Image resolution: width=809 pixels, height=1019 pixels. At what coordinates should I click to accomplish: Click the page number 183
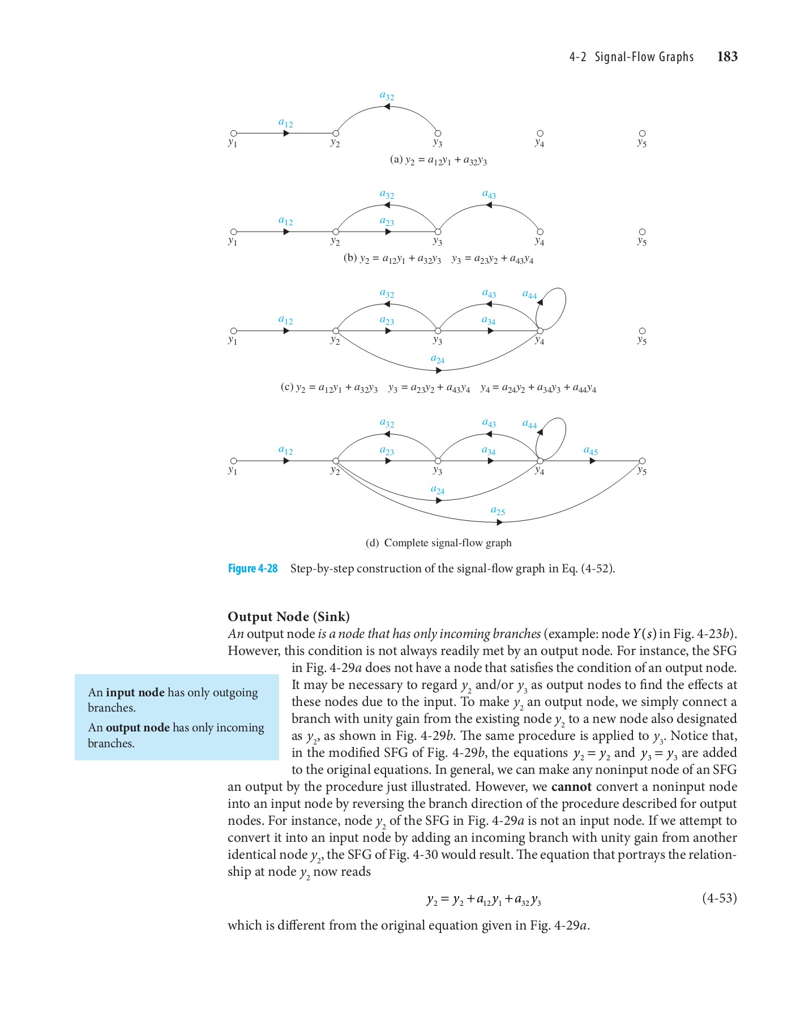click(x=727, y=57)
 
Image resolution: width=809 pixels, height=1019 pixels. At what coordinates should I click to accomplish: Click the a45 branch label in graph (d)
click(x=590, y=451)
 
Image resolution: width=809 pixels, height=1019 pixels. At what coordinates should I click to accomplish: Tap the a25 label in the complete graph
click(x=498, y=511)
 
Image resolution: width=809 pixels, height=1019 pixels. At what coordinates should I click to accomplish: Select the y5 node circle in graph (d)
click(x=642, y=461)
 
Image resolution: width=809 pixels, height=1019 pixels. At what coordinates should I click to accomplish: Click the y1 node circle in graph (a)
click(x=233, y=134)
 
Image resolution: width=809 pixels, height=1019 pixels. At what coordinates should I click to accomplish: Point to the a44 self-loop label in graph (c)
click(x=529, y=294)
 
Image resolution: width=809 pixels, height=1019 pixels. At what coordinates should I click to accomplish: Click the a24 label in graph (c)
click(x=438, y=359)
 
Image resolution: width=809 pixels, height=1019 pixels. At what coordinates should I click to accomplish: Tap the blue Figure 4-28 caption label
click(x=252, y=568)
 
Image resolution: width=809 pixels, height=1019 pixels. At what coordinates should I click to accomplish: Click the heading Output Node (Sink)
click(x=289, y=616)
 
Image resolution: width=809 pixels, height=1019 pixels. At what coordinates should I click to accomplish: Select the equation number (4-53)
click(x=719, y=898)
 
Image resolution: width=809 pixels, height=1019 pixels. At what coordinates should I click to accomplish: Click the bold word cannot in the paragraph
click(x=571, y=787)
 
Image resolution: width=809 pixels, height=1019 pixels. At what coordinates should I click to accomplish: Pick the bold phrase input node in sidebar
click(x=135, y=692)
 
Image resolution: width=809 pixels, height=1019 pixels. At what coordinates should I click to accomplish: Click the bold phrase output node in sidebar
click(x=138, y=727)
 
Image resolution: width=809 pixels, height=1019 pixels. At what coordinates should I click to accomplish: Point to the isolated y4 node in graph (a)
click(x=540, y=134)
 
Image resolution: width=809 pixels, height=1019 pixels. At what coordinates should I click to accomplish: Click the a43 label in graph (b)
click(x=489, y=195)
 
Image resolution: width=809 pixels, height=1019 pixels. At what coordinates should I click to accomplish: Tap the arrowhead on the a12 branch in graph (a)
click(x=286, y=134)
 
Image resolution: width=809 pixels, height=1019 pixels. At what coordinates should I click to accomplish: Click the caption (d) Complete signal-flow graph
click(x=439, y=543)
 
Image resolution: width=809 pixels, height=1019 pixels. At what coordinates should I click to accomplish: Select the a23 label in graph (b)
click(x=387, y=222)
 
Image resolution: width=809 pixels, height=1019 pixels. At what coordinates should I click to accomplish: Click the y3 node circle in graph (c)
click(x=438, y=331)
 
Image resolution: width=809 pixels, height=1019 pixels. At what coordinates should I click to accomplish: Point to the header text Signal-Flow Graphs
click(x=644, y=57)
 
